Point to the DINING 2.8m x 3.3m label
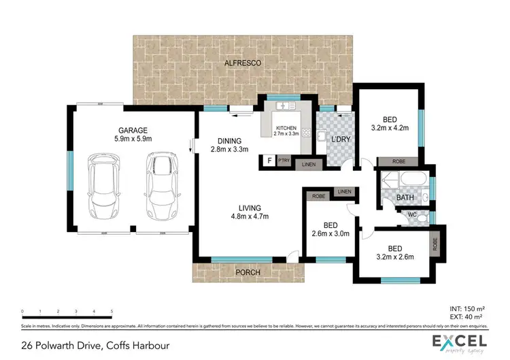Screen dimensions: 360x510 (x=228, y=145)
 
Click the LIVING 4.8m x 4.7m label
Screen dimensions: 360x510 (x=250, y=212)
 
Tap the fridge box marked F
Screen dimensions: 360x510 (x=270, y=161)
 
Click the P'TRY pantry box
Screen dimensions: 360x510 (x=284, y=161)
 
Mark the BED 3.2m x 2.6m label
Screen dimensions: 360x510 (x=396, y=252)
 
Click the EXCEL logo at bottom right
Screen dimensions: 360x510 (x=460, y=342)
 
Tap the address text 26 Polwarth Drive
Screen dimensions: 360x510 (x=95, y=346)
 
